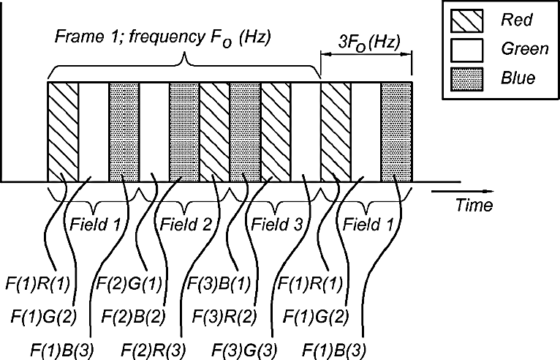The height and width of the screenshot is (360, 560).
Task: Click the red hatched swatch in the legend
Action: coord(466,20)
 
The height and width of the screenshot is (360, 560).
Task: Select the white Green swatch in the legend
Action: coord(466,50)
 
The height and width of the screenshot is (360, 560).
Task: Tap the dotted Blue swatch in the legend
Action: coord(466,79)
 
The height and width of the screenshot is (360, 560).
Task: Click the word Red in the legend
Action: coord(516,19)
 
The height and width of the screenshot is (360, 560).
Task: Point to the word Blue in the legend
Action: coord(518,78)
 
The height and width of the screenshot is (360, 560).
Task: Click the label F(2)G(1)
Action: coord(129,284)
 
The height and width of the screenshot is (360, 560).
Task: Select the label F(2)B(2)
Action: coord(133,317)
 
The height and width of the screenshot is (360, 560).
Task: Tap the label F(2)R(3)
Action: coord(154,350)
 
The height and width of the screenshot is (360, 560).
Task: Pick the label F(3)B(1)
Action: coord(219,284)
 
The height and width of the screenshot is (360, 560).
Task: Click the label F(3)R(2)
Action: coord(224,317)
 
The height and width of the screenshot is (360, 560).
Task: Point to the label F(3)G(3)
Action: coord(245,350)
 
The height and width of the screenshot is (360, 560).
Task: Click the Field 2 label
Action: coord(186,225)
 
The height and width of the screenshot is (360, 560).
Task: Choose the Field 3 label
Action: coord(277,225)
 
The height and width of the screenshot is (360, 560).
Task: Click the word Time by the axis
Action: coord(474,205)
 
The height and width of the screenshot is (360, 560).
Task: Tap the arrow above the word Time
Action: coord(463,192)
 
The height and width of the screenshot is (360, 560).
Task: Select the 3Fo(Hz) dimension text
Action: coord(369,42)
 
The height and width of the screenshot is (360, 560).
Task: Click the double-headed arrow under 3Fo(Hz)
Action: coord(366,55)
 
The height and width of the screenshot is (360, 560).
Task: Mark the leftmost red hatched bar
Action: coord(63,132)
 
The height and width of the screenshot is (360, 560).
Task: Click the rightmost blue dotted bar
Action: coord(396,132)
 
